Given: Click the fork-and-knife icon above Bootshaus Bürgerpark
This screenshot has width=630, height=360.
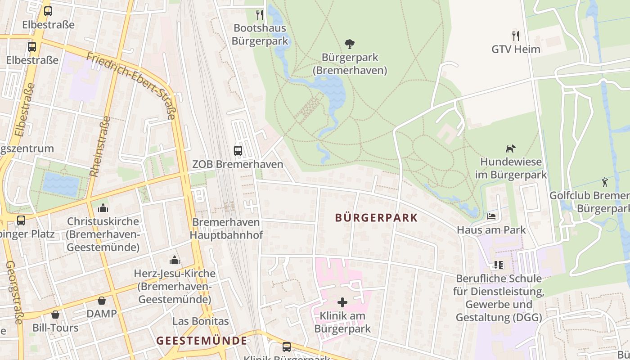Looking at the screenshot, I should pyautogui.click(x=260, y=15).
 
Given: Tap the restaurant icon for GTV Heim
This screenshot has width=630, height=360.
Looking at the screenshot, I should pyautogui.click(x=516, y=36).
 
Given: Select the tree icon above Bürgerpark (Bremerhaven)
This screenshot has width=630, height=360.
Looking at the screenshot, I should pyautogui.click(x=350, y=44).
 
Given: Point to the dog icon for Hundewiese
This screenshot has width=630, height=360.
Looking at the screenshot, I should pyautogui.click(x=510, y=148).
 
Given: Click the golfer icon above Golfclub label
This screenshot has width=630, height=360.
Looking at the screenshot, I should pyautogui.click(x=605, y=182).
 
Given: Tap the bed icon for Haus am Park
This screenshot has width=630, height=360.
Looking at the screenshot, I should pyautogui.click(x=491, y=216).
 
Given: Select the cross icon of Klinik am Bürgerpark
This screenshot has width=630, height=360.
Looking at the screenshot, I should pyautogui.click(x=342, y=302).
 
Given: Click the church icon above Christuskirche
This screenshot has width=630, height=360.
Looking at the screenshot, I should pyautogui.click(x=103, y=208).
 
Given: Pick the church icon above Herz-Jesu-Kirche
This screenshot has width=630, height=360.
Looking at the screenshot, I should pyautogui.click(x=174, y=260).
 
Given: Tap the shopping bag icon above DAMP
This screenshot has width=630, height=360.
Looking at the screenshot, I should pyautogui.click(x=102, y=300).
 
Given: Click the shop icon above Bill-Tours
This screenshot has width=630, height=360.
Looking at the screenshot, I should pyautogui.click(x=55, y=314).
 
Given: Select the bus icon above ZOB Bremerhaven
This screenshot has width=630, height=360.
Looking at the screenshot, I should pyautogui.click(x=238, y=151).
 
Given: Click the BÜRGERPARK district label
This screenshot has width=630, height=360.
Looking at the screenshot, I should pyautogui.click(x=376, y=218).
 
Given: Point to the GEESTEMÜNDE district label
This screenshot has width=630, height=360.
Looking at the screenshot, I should pyautogui.click(x=202, y=341).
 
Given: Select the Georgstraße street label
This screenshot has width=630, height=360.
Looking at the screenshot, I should pyautogui.click(x=13, y=292).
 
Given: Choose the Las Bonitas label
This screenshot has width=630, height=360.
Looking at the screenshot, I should pyautogui.click(x=201, y=321).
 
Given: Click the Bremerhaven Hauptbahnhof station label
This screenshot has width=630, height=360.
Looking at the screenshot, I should pyautogui.click(x=226, y=229).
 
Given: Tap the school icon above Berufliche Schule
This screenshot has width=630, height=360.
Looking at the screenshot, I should pyautogui.click(x=498, y=265).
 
